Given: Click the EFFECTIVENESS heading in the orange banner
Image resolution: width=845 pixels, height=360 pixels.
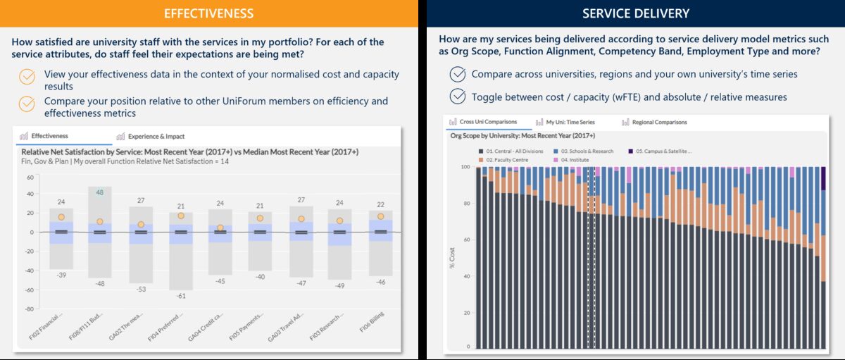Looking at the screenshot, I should click(x=209, y=13).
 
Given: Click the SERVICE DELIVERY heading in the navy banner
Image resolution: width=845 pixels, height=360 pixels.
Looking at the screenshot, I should click(x=635, y=13).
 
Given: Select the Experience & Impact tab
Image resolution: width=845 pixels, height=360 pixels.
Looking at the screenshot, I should click(x=156, y=136).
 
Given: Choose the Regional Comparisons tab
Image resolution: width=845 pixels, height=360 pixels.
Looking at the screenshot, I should click(x=659, y=123).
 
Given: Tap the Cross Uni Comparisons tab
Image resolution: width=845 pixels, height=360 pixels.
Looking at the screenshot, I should click(x=488, y=123).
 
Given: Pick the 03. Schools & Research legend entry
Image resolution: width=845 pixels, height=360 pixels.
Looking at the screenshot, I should click(x=587, y=151).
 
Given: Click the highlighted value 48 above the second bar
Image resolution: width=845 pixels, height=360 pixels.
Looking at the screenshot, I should click(x=100, y=192).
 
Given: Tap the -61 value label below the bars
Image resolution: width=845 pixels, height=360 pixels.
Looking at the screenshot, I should click(x=181, y=295).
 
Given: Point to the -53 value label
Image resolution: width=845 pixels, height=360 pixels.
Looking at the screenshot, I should click(x=141, y=290).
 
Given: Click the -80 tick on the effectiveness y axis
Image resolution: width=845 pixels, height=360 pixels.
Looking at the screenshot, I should click(x=29, y=309).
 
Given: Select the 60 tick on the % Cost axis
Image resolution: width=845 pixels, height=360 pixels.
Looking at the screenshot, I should click(x=466, y=240).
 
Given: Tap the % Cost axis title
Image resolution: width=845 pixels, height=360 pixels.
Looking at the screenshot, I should click(x=452, y=258).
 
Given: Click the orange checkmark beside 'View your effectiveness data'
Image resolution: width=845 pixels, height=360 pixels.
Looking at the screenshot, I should click(x=27, y=76).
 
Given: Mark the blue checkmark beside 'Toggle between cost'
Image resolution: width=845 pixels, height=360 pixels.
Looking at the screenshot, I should click(x=458, y=97).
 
